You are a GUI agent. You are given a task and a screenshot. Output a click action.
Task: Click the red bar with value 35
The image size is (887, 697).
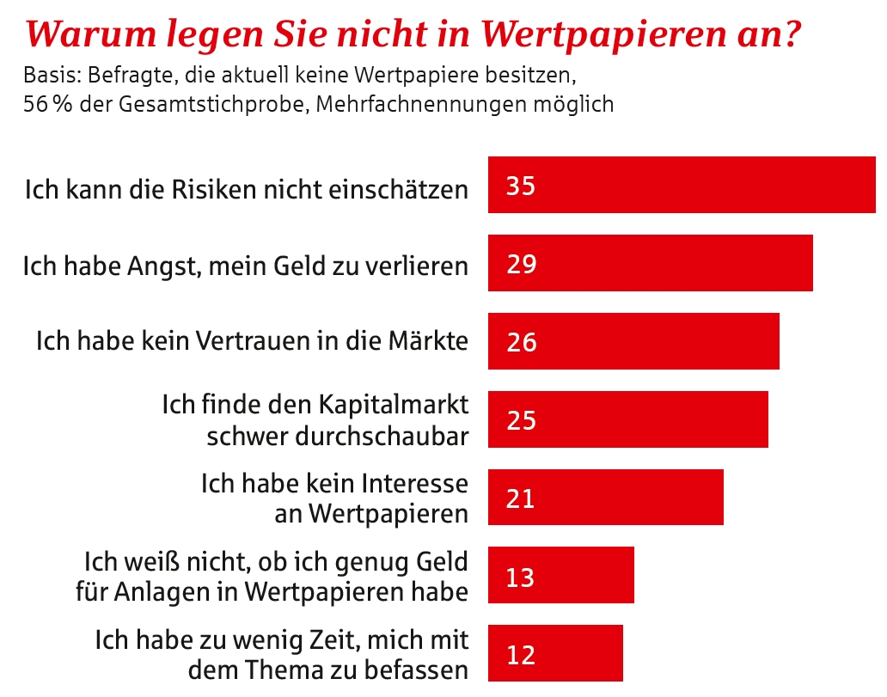coord(682,185)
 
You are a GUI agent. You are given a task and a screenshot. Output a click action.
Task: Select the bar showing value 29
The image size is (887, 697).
coord(650,263)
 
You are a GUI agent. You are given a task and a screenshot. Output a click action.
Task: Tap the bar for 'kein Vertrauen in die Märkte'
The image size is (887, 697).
coord(633,341)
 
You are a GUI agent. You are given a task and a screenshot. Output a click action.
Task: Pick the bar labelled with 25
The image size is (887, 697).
coord(627,419)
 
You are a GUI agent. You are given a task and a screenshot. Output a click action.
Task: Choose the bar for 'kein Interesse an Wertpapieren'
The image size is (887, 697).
coord(605,498)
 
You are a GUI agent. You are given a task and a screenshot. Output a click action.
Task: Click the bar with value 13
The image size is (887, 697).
coord(560,576)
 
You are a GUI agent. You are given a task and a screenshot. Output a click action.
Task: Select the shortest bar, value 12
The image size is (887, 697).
coord(554,654)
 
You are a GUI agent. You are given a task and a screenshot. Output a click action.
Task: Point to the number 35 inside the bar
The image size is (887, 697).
coord(521,186)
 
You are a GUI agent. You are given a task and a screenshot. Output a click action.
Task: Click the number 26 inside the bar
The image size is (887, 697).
coord(522,342)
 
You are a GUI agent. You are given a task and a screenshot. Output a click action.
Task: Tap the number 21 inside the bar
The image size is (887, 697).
coord(521,498)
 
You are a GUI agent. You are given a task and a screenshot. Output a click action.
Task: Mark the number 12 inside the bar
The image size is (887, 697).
coord(521,655)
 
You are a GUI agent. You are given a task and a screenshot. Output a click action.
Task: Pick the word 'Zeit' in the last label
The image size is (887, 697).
coord(353,640)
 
